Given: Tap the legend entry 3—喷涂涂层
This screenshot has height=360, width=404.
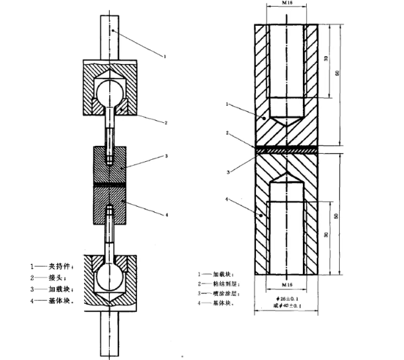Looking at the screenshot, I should [223, 293].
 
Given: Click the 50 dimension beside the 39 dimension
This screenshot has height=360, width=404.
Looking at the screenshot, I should [337, 73].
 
